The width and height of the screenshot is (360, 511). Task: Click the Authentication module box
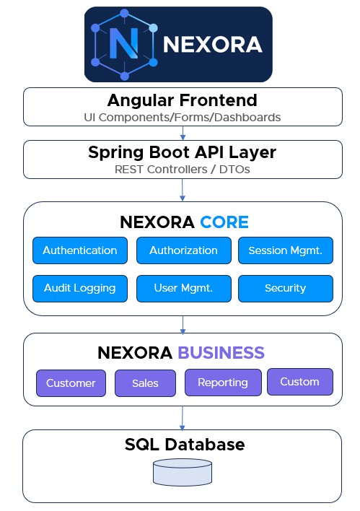coord(80,250)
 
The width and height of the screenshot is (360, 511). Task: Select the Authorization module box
coord(184,250)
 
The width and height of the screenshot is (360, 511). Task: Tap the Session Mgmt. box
coord(286,250)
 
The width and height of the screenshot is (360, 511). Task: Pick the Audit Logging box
coord(80,289)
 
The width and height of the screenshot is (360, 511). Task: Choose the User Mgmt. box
coord(184,289)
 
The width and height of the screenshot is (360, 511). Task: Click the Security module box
coord(286,289)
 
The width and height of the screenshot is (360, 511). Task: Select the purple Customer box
coord(71,383)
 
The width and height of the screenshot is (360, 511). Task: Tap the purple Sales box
coord(145,383)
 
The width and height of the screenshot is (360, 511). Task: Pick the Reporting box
coord(223,383)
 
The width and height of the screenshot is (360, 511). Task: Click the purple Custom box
coord(300,382)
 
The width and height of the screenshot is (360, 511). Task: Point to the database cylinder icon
coord(183,472)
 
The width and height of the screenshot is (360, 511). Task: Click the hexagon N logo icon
coord(124,45)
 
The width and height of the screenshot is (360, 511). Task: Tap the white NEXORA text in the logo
coord(213,44)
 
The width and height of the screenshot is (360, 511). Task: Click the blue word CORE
coord(224,222)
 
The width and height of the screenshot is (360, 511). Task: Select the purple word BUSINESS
coord(221,353)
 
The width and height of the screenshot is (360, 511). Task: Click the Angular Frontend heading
coord(183,100)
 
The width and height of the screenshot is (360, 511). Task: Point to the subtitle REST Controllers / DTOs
coord(183,170)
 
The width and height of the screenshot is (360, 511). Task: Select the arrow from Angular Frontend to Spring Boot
coord(183,133)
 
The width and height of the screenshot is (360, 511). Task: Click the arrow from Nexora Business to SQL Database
coord(183,418)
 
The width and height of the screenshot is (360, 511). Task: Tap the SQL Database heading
coord(185,445)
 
